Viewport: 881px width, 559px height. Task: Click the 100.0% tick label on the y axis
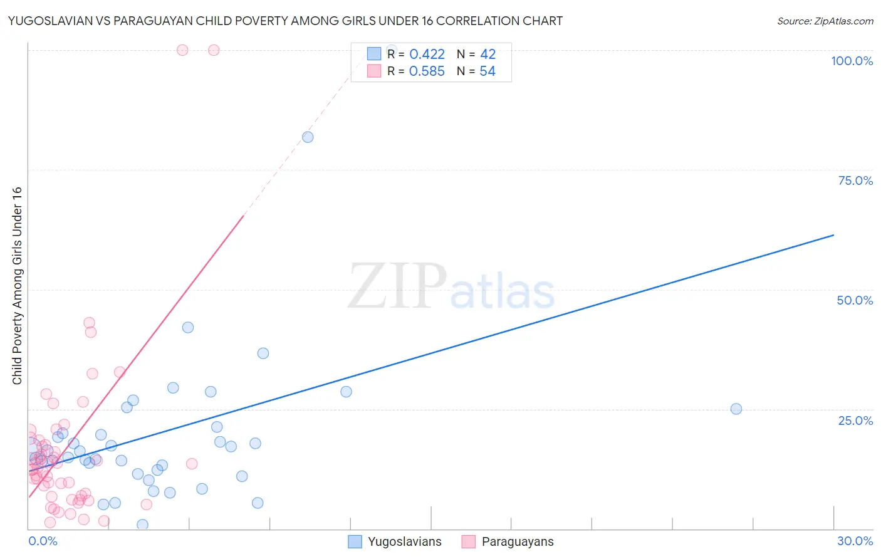[852, 61]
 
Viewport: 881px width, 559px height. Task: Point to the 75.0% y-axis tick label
[855, 180]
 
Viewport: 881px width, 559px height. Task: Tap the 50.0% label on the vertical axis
[855, 300]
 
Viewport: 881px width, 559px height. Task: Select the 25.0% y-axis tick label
[855, 421]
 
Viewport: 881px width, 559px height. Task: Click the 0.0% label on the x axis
[43, 541]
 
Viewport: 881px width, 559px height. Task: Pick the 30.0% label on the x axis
[855, 541]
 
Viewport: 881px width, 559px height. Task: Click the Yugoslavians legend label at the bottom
[404, 542]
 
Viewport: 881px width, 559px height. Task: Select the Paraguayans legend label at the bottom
[518, 542]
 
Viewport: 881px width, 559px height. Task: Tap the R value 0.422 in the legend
[427, 55]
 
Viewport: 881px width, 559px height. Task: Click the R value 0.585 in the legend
[427, 71]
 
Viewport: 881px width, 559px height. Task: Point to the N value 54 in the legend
[487, 71]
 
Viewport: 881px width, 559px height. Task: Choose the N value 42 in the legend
[487, 55]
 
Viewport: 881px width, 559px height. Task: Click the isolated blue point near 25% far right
[736, 409]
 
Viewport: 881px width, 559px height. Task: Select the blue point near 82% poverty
[308, 137]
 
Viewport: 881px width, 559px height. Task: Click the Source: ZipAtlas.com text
[825, 21]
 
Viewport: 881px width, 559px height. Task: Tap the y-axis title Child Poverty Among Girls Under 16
[17, 286]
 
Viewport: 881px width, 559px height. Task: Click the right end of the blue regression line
[833, 235]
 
